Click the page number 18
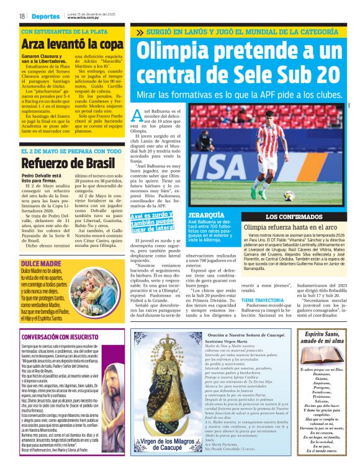point(22,16)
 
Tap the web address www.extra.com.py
point(82,18)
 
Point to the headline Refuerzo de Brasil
point(59,164)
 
